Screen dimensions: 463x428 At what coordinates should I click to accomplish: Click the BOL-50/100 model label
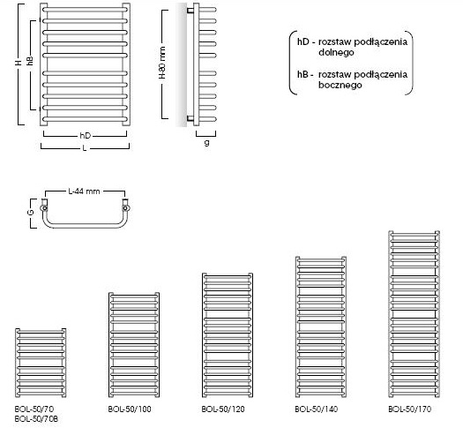coord(130,409)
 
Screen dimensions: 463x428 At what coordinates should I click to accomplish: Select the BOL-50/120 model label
coord(223,409)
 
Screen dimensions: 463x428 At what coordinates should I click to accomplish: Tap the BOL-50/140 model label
coord(317,409)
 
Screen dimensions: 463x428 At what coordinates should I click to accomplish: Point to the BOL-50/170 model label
coord(409,409)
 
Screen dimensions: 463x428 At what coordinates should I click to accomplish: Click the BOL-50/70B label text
coord(36,418)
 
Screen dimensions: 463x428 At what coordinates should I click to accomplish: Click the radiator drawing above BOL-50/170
coord(414,314)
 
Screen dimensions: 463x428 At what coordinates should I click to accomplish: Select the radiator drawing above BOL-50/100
coord(134,345)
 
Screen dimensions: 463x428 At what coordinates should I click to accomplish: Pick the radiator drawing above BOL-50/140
coord(321,327)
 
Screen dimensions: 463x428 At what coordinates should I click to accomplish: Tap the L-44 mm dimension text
coord(84,191)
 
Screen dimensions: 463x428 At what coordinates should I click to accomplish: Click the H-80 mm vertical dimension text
coord(162,63)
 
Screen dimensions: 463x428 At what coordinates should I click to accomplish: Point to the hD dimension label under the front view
coord(86,136)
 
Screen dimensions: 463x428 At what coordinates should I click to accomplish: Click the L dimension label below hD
coord(85,147)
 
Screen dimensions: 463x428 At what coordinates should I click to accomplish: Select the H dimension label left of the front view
coord(19,63)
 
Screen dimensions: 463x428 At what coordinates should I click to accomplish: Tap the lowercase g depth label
coord(207,143)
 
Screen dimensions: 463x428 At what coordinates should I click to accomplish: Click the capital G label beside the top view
coord(32,212)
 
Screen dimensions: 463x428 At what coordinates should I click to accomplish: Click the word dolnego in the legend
coord(336,53)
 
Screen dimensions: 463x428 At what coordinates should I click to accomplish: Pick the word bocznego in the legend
coord(340,85)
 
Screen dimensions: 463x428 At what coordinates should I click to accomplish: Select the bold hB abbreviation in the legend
coord(303,74)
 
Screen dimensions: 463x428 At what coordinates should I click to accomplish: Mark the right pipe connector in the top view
coord(126,206)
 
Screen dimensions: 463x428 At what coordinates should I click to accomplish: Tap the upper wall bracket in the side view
coord(190,11)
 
